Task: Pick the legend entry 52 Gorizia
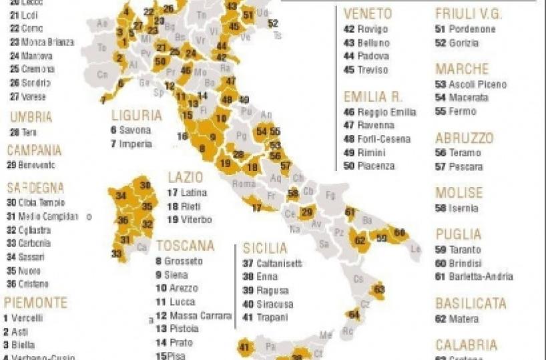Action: click(x=457, y=43)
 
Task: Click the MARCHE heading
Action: click(x=462, y=69)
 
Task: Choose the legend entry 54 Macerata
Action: click(x=462, y=98)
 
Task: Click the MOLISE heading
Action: click(x=459, y=193)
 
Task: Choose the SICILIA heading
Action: click(x=264, y=249)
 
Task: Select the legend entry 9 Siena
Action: click(x=172, y=275)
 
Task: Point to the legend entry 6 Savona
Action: click(x=131, y=130)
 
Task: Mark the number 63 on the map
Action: click(x=379, y=289)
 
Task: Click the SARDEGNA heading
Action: click(x=35, y=188)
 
